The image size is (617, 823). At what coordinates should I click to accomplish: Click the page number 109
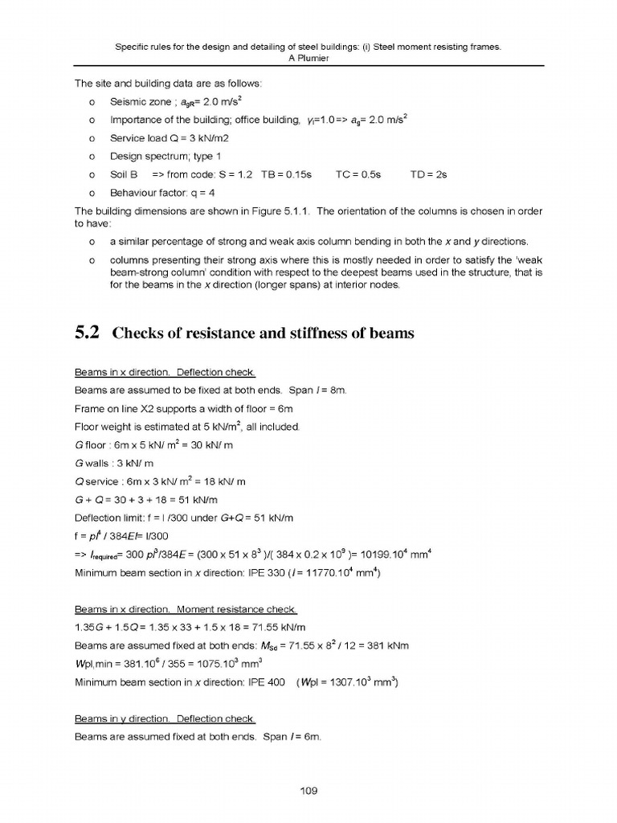pos(308,790)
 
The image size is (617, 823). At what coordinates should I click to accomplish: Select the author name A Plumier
pos(308,58)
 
